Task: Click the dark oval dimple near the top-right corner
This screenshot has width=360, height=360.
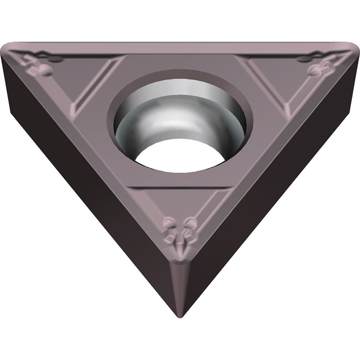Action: coord(304,59)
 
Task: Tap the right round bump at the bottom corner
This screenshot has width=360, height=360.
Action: coord(190,225)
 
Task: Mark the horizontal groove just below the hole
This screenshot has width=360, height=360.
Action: coord(180,188)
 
